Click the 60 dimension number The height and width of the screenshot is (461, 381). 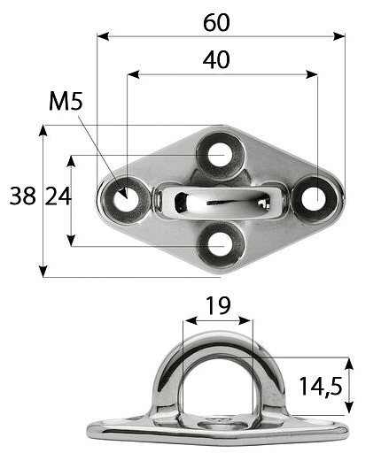(216, 23)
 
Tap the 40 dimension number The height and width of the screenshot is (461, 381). (216, 60)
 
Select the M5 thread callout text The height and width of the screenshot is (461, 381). (66, 101)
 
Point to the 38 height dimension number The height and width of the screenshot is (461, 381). (23, 196)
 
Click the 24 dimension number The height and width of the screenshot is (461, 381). (58, 196)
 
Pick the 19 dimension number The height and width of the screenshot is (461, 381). (218, 306)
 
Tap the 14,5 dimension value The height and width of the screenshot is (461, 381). (321, 387)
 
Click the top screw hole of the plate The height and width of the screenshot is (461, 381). (221, 155)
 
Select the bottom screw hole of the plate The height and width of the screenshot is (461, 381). (220, 245)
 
